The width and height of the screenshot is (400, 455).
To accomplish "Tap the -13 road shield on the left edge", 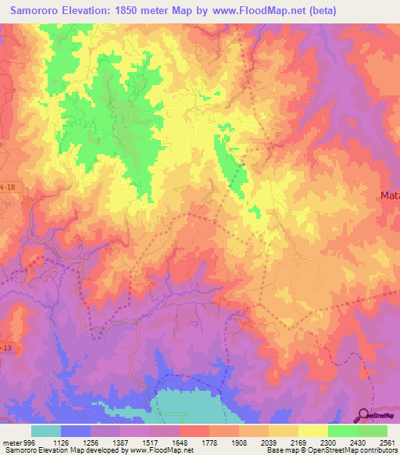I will [x=5, y=323].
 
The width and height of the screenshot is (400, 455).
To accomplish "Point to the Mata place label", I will [x=389, y=195].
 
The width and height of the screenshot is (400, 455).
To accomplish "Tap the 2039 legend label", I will [x=255, y=442].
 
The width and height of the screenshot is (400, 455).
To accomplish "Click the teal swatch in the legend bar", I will [x=46, y=431].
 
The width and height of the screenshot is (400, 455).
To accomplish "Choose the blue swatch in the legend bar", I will [x=76, y=431].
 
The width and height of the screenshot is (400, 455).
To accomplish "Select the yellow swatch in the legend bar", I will [x=313, y=431].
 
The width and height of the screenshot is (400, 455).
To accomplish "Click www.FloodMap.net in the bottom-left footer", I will [x=166, y=451].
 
